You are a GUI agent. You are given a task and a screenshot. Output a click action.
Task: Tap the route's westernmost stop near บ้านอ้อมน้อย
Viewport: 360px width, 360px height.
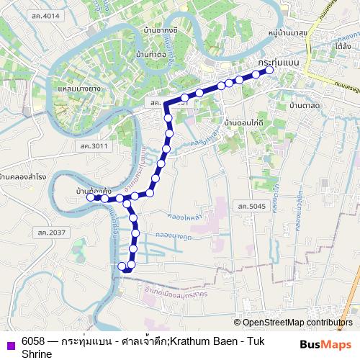90,196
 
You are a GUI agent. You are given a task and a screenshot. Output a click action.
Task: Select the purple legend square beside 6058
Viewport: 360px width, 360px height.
9,343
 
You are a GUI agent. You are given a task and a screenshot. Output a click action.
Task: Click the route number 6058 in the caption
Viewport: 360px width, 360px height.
32,342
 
